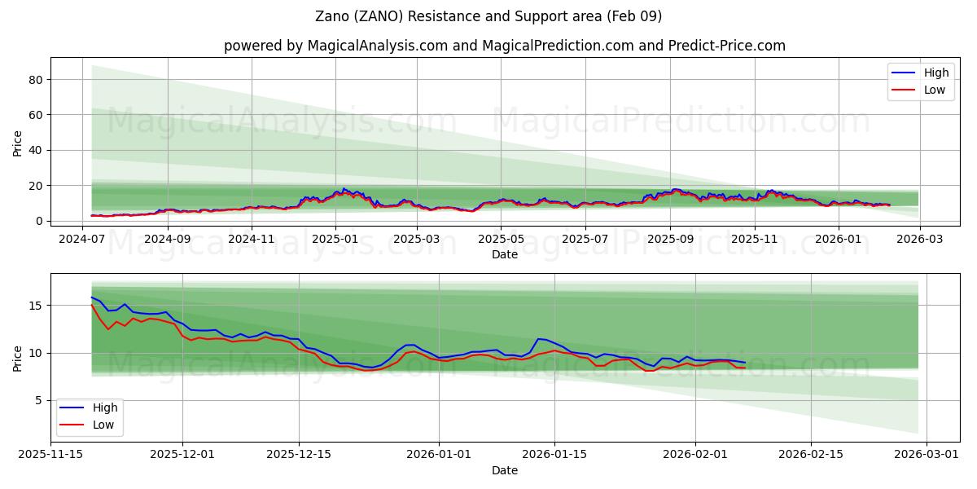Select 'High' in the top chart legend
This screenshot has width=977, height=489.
(935, 73)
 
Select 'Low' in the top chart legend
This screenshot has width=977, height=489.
(935, 90)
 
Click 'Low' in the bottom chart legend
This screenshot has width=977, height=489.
(103, 425)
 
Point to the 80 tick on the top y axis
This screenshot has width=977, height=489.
(35, 80)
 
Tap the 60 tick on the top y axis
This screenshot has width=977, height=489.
(35, 115)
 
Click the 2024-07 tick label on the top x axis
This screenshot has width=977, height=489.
(82, 239)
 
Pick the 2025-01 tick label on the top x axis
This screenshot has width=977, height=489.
(335, 239)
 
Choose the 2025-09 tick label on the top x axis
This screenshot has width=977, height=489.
(670, 239)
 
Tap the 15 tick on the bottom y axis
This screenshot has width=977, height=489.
(35, 306)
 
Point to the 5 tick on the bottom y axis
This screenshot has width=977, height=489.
(38, 400)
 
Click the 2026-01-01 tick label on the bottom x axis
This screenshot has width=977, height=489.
(439, 455)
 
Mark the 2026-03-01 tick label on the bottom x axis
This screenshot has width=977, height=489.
(927, 455)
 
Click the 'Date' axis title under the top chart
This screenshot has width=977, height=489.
(505, 254)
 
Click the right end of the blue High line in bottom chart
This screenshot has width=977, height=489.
(744, 363)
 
